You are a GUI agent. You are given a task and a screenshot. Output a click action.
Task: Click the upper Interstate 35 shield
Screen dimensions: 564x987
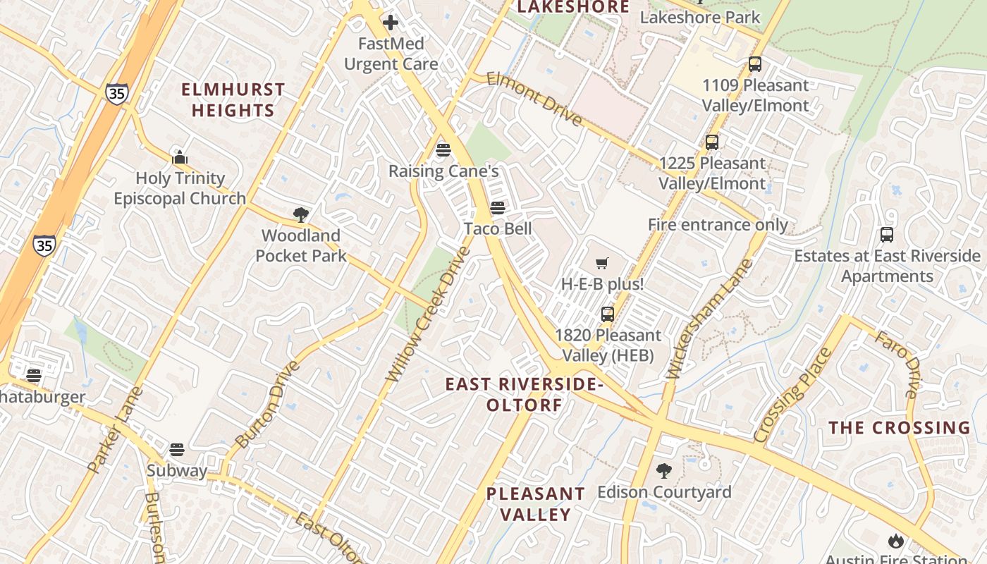pyautogui.click(x=118, y=94)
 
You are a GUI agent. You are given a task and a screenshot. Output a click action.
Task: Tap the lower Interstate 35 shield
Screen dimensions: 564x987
pyautogui.click(x=44, y=245)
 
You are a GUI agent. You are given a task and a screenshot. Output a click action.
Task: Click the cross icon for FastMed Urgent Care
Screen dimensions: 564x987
pyautogui.click(x=391, y=23)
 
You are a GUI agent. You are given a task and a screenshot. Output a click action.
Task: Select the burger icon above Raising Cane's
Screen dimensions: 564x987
pyautogui.click(x=443, y=149)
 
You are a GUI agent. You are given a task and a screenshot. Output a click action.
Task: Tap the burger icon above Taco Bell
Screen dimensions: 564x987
pyautogui.click(x=498, y=208)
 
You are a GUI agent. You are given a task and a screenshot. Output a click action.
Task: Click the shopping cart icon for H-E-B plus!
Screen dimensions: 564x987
pyautogui.click(x=602, y=264)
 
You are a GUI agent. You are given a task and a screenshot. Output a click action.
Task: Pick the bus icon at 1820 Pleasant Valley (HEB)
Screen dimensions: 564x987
pyautogui.click(x=608, y=314)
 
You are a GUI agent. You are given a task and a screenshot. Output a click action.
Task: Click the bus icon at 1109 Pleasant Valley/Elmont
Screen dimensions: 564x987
pyautogui.click(x=755, y=64)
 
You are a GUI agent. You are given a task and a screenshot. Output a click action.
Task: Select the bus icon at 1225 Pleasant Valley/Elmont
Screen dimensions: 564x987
pyautogui.click(x=712, y=142)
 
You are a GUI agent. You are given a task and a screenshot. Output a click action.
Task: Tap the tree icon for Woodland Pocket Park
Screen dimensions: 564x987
pyautogui.click(x=301, y=215)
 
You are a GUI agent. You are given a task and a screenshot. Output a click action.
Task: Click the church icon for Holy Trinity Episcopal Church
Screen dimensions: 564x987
pyautogui.click(x=180, y=157)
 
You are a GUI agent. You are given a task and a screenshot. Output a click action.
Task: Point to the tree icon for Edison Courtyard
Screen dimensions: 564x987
pyautogui.click(x=663, y=471)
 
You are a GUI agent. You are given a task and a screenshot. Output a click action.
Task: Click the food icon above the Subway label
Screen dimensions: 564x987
pyautogui.click(x=177, y=450)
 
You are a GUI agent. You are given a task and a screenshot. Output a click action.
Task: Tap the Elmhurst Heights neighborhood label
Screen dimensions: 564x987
pyautogui.click(x=233, y=100)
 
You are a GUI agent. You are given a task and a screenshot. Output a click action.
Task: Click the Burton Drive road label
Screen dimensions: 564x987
pyautogui.click(x=267, y=405)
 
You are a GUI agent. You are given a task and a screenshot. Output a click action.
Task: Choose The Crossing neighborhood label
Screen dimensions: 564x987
pyautogui.click(x=899, y=428)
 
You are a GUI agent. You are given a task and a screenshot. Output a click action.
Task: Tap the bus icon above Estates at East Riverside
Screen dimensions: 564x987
pyautogui.click(x=887, y=235)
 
